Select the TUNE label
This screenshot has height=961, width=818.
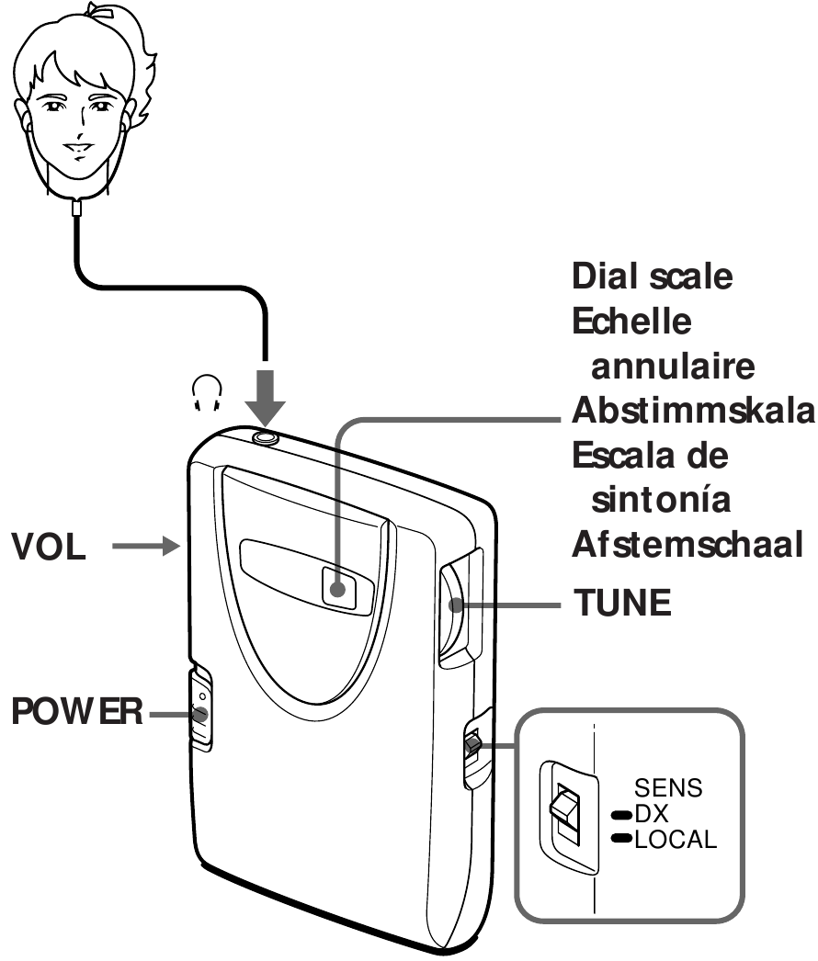[624, 605]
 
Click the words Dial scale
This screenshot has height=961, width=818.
[653, 277]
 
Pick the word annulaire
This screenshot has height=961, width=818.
[673, 366]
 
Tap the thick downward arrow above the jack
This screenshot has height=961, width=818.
[266, 391]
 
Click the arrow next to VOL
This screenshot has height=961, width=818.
[146, 548]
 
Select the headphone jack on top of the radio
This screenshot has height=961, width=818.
[266, 436]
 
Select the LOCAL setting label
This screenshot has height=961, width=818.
[675, 838]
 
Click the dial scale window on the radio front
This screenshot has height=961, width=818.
[338, 588]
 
